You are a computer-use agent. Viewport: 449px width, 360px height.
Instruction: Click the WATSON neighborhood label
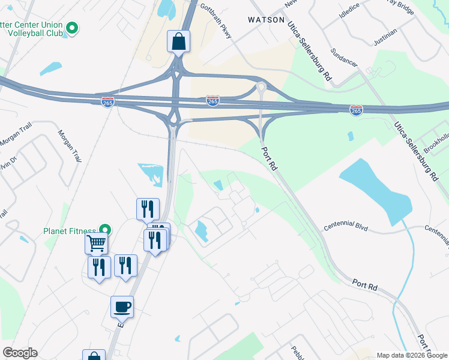(266, 20)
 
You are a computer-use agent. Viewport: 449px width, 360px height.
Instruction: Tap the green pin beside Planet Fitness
(106, 230)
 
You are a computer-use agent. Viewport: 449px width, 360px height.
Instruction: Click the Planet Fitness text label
(70, 231)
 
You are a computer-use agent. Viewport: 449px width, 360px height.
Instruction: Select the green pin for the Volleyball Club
(72, 28)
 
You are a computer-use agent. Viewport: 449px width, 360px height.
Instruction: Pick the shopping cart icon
(96, 244)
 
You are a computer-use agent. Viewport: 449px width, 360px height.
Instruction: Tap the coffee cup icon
(122, 307)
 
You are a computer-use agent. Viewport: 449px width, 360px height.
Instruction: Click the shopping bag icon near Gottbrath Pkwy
(178, 41)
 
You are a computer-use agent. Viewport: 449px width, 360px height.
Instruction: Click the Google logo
(20, 353)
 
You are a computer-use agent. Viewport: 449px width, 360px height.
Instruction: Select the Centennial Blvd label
(345, 227)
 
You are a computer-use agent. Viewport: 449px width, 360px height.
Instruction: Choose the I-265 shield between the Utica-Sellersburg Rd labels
(356, 110)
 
